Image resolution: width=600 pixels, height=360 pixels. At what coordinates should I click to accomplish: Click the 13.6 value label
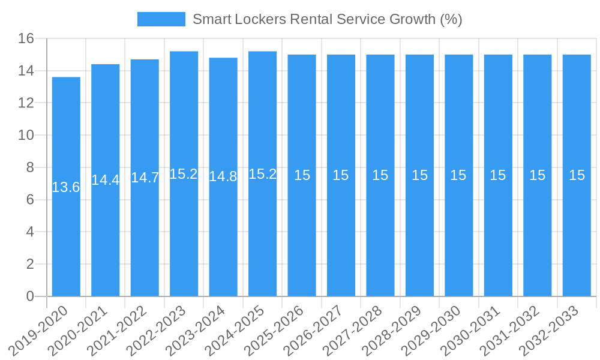coord(66,187)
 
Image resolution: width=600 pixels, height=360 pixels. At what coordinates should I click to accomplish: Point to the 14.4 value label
coord(106,180)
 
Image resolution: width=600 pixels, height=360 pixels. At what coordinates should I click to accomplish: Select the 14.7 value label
coord(145,178)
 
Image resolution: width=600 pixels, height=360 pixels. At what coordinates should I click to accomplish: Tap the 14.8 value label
coord(223,176)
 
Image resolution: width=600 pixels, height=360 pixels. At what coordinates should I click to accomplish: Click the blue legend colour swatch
coord(161,19)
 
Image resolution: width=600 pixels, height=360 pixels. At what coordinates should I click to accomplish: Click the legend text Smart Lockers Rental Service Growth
coord(327,19)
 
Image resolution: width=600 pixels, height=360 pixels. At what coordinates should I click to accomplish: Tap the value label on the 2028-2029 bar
coord(419,175)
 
